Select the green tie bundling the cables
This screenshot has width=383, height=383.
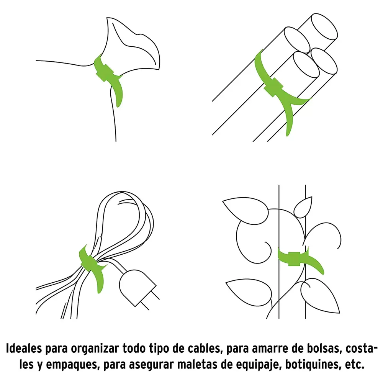(x=92, y=264)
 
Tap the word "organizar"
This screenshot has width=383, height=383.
(x=95, y=349)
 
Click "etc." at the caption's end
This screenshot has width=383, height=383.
(x=355, y=365)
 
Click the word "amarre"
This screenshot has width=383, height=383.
(x=269, y=349)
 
